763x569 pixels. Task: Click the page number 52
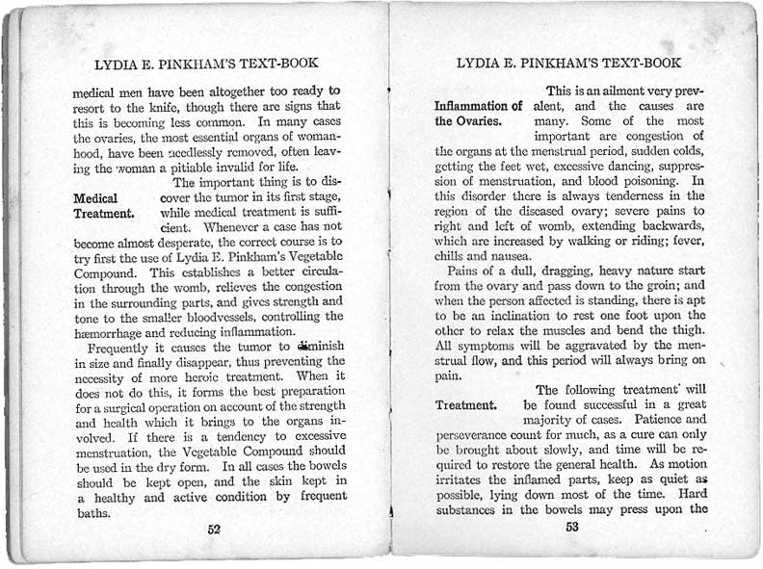coord(213,528)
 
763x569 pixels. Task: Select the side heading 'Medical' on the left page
coord(95,198)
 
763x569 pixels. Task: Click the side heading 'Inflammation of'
coord(478,105)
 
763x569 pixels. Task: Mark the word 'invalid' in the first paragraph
coord(237,167)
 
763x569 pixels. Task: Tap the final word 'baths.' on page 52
coord(93,513)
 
